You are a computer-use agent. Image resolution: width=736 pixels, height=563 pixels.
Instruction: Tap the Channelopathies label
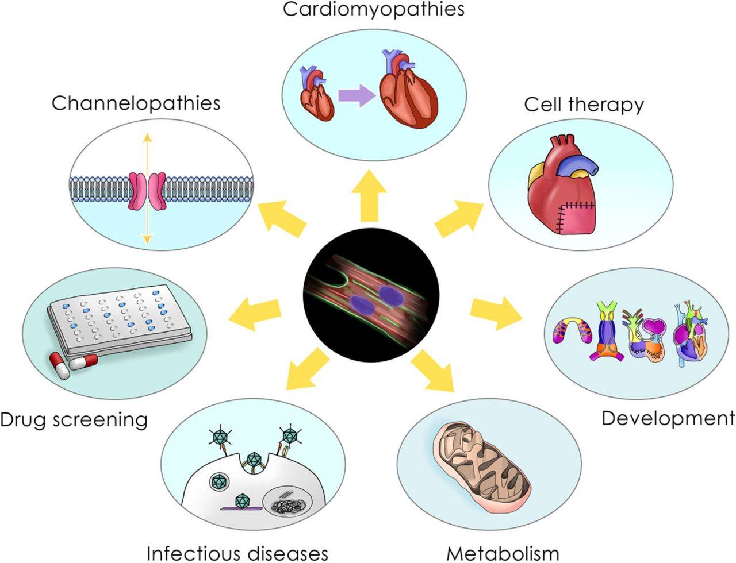click(136, 103)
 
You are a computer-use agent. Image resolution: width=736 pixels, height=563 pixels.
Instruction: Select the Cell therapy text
click(584, 105)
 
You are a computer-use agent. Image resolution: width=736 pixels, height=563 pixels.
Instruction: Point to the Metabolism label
click(503, 553)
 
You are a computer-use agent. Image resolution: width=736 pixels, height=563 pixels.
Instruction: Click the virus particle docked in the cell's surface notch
click(254, 460)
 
